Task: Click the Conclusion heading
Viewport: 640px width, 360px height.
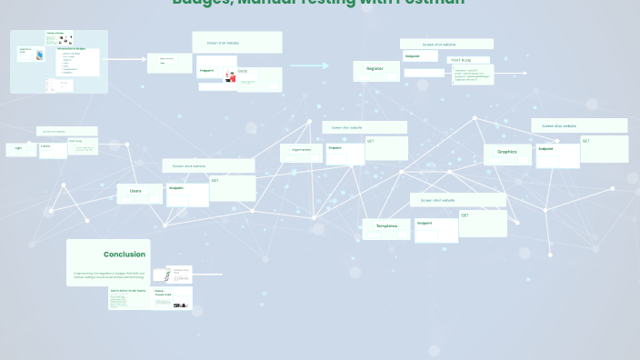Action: click(124, 255)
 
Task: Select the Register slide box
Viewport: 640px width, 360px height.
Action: click(375, 69)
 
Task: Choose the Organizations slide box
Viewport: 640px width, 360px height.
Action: click(301, 150)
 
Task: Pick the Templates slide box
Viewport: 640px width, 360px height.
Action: click(386, 226)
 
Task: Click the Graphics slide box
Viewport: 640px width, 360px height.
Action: click(506, 152)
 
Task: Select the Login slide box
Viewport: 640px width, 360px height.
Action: click(20, 148)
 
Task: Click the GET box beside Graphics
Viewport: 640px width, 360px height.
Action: click(605, 148)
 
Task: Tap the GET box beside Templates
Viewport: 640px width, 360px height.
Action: click(483, 223)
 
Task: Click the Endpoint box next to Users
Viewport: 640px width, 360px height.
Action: click(187, 195)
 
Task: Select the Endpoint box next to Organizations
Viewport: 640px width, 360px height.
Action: click(345, 155)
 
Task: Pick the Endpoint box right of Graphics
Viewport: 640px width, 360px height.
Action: click(557, 155)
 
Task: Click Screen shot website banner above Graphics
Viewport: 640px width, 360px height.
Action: click(579, 125)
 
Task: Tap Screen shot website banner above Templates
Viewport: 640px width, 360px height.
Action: click(457, 200)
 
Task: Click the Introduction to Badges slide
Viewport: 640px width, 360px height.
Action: click(76, 60)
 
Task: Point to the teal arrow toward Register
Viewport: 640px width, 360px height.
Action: click(309, 65)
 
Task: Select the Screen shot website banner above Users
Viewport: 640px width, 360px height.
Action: click(208, 165)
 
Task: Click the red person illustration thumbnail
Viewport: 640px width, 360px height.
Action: click(230, 77)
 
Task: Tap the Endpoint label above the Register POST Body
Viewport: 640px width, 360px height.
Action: click(418, 56)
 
